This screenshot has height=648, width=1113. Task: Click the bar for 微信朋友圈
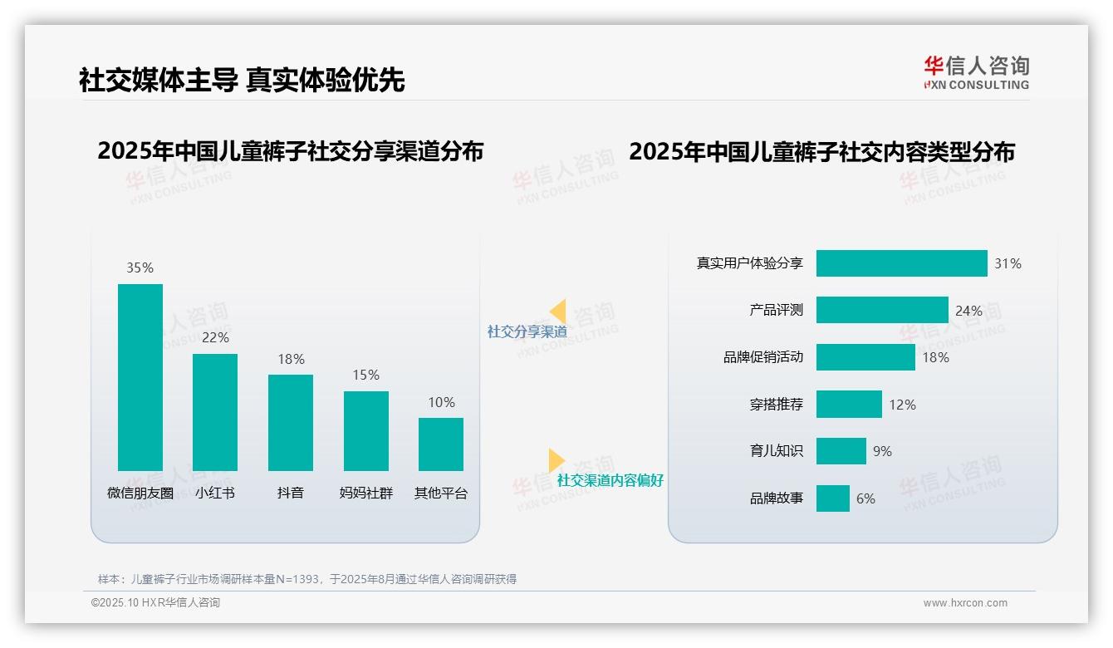[140, 377]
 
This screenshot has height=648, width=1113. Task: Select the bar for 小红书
[215, 412]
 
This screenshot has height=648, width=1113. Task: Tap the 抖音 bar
[291, 422]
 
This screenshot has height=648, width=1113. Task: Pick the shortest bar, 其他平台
[441, 444]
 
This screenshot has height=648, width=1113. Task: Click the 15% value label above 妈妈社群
[365, 375]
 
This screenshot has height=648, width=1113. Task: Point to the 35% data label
[140, 268]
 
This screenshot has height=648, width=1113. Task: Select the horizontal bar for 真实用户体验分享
[901, 263]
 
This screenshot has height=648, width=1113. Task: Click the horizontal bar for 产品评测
[881, 310]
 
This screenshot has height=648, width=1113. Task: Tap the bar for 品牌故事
[832, 498]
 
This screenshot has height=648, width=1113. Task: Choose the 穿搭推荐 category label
[776, 405]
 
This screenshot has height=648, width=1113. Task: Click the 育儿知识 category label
[776, 451]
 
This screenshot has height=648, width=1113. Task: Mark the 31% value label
[1008, 263]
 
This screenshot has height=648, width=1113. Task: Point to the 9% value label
[882, 451]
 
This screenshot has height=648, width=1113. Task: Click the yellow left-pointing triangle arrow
[558, 311]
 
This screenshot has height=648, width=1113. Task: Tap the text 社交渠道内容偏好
[610, 480]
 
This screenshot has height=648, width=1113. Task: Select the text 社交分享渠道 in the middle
[527, 331]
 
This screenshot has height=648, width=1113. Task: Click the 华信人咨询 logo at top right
[976, 72]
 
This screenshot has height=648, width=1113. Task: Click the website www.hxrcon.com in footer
[964, 603]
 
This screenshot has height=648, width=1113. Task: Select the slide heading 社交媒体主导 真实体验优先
[242, 80]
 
